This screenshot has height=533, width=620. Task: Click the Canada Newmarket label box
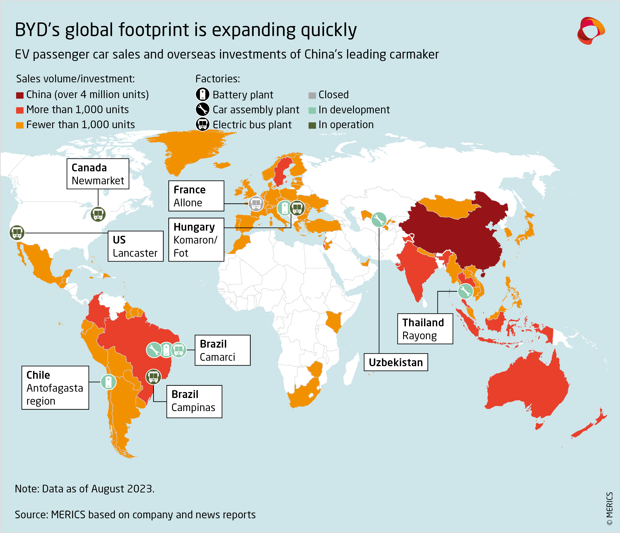pos(98,174)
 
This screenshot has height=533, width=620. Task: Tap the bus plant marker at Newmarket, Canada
pos(98,214)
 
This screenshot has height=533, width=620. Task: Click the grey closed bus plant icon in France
pos(256,204)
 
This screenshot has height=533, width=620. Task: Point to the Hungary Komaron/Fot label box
pos(196,239)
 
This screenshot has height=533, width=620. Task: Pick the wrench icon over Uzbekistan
pos(379,220)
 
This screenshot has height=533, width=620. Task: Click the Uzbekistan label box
pos(396,362)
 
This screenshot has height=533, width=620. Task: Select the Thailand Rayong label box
pos(425,329)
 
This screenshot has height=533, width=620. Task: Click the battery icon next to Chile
pos(108,382)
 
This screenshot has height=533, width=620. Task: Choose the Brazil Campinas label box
pos(194,401)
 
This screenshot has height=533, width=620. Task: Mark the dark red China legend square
pos(20,95)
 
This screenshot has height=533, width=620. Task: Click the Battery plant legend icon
pos(203,94)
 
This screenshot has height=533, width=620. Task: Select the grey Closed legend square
pos(312,95)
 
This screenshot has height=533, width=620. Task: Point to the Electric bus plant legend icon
pos(203,124)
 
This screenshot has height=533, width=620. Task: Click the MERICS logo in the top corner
pos(590,31)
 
